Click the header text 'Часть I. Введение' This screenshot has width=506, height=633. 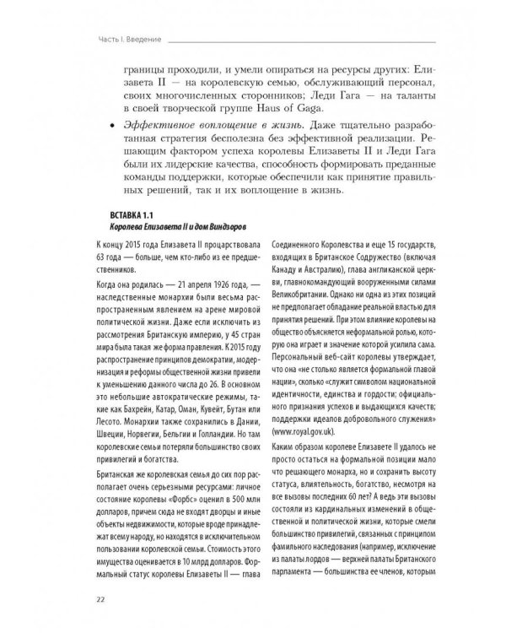coord(126,39)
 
